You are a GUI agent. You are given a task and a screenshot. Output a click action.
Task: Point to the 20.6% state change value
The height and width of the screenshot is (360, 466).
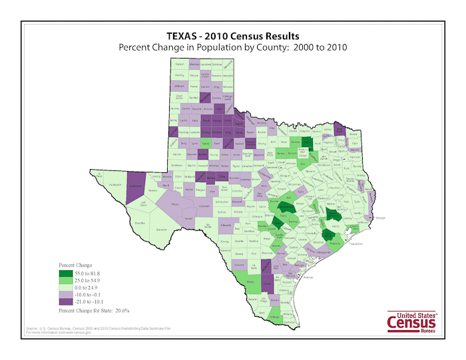[x=120, y=310]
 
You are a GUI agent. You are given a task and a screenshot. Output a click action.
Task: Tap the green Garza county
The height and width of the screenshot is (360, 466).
[x=205, y=143]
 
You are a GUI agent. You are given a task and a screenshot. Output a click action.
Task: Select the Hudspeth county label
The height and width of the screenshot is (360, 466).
[x=114, y=185]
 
